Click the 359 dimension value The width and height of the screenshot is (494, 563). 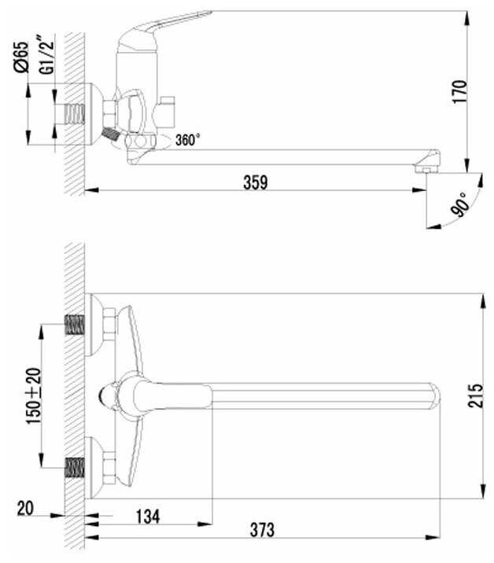pos(256,182)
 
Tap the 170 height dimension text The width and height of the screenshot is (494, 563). pos(459,92)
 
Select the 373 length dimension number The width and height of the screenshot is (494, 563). pos(262,530)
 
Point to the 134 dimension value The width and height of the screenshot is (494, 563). pos(148,517)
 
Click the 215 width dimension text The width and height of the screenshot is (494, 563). pos(475,396)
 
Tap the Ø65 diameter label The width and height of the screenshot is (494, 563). pos(21,57)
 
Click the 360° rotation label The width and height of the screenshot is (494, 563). pos(187,140)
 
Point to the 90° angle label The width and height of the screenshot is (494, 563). pos(461,205)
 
